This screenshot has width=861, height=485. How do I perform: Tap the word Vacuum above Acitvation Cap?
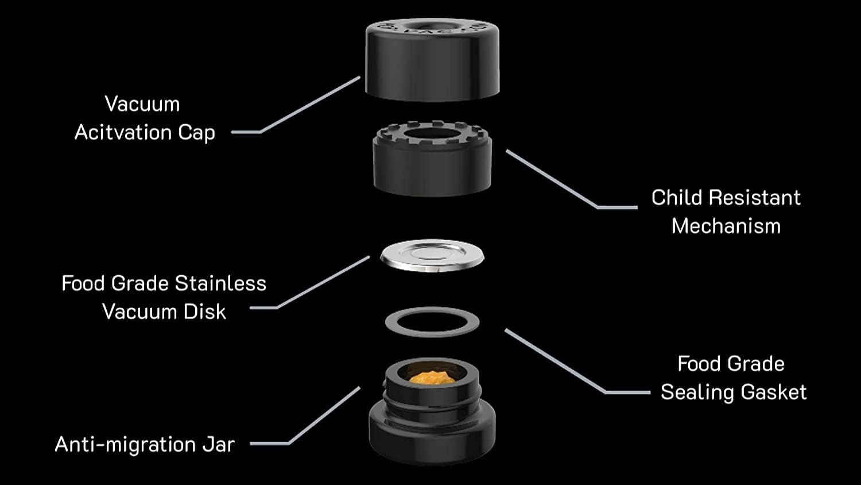pos(142,104)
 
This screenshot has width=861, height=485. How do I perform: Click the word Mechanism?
pos(726,226)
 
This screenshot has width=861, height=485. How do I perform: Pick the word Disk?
pos(205,311)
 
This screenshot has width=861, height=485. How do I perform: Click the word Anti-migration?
pos(125,444)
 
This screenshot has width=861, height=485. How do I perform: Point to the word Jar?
pos(218,444)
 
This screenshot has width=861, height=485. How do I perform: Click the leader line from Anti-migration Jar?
pos(324,415)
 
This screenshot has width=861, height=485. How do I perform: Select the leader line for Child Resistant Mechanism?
pos(551,178)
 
